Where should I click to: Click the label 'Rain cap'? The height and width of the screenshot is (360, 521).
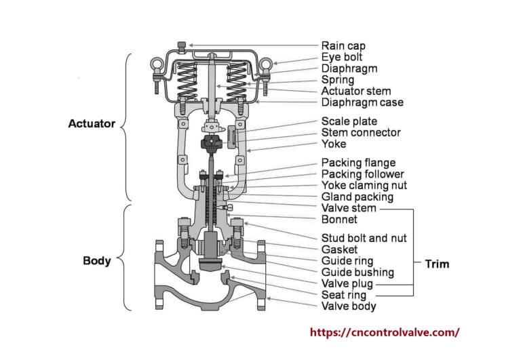click(x=343, y=45)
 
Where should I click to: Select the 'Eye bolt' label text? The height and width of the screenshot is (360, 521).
click(x=343, y=57)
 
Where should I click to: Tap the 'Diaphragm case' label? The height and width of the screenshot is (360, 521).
click(x=362, y=102)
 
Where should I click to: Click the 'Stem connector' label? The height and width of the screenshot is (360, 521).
click(x=361, y=132)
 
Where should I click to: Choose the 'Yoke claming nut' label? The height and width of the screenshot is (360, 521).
click(x=364, y=185)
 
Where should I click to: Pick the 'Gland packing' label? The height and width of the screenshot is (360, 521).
click(x=357, y=197)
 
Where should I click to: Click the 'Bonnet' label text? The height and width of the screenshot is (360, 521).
click(x=339, y=219)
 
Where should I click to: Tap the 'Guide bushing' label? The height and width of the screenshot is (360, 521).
click(x=357, y=272)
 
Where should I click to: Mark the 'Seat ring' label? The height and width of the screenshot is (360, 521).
click(x=343, y=295)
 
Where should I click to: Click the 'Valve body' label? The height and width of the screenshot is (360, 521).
click(x=348, y=306)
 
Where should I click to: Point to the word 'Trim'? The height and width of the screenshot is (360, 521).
click(x=436, y=263)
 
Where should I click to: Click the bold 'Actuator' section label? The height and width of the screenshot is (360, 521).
click(x=92, y=124)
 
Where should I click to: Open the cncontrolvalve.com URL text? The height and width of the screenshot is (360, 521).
click(x=385, y=332)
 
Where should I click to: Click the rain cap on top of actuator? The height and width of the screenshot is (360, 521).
click(x=181, y=46)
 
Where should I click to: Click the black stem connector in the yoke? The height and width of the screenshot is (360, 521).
click(x=212, y=142)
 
